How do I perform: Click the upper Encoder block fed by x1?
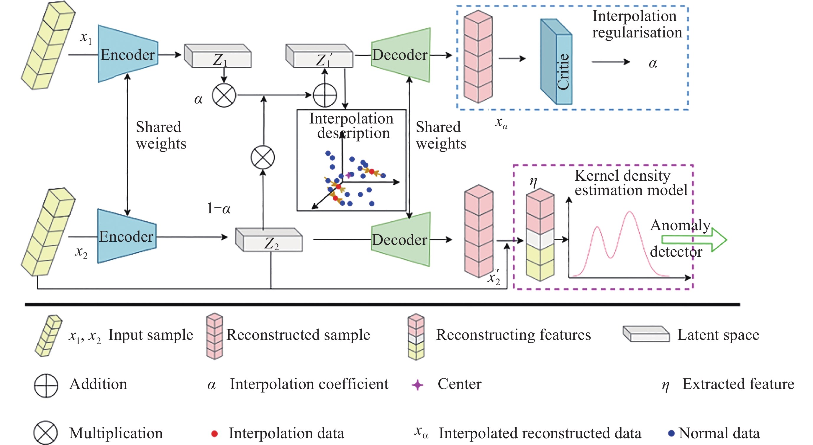(127, 54)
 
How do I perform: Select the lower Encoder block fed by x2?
(126, 237)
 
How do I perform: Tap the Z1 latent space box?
(218, 57)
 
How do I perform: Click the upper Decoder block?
(400, 55)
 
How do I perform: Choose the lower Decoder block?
(400, 240)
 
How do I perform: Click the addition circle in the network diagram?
(325, 95)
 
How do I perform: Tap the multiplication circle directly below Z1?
(224, 95)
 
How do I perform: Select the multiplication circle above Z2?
(263, 157)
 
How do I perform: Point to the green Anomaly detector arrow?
(694, 239)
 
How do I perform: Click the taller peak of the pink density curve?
(630, 212)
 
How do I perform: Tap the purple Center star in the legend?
(417, 385)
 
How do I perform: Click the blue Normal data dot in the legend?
(671, 433)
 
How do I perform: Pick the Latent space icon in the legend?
(646, 334)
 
